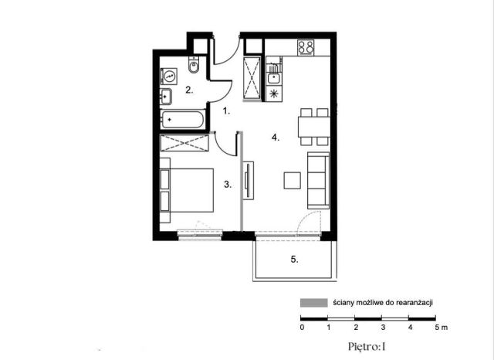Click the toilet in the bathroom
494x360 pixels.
194,65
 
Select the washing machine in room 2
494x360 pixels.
169,76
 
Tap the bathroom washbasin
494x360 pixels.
166,97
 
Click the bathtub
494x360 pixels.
182,119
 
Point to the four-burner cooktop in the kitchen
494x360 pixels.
306,48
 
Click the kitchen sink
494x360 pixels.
274,77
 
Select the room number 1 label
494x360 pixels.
226,111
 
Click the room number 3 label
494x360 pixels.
228,185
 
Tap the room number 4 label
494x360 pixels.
276,138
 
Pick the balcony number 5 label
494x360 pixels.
294,260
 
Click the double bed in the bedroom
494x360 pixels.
187,190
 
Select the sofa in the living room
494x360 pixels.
318,181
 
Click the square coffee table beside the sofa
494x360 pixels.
292,180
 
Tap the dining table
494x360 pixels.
314,127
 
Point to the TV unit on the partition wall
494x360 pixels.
249,180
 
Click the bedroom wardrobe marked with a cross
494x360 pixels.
184,143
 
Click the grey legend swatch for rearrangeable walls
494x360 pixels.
314,303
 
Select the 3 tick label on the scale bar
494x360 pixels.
383,328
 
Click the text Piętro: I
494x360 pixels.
367,347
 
